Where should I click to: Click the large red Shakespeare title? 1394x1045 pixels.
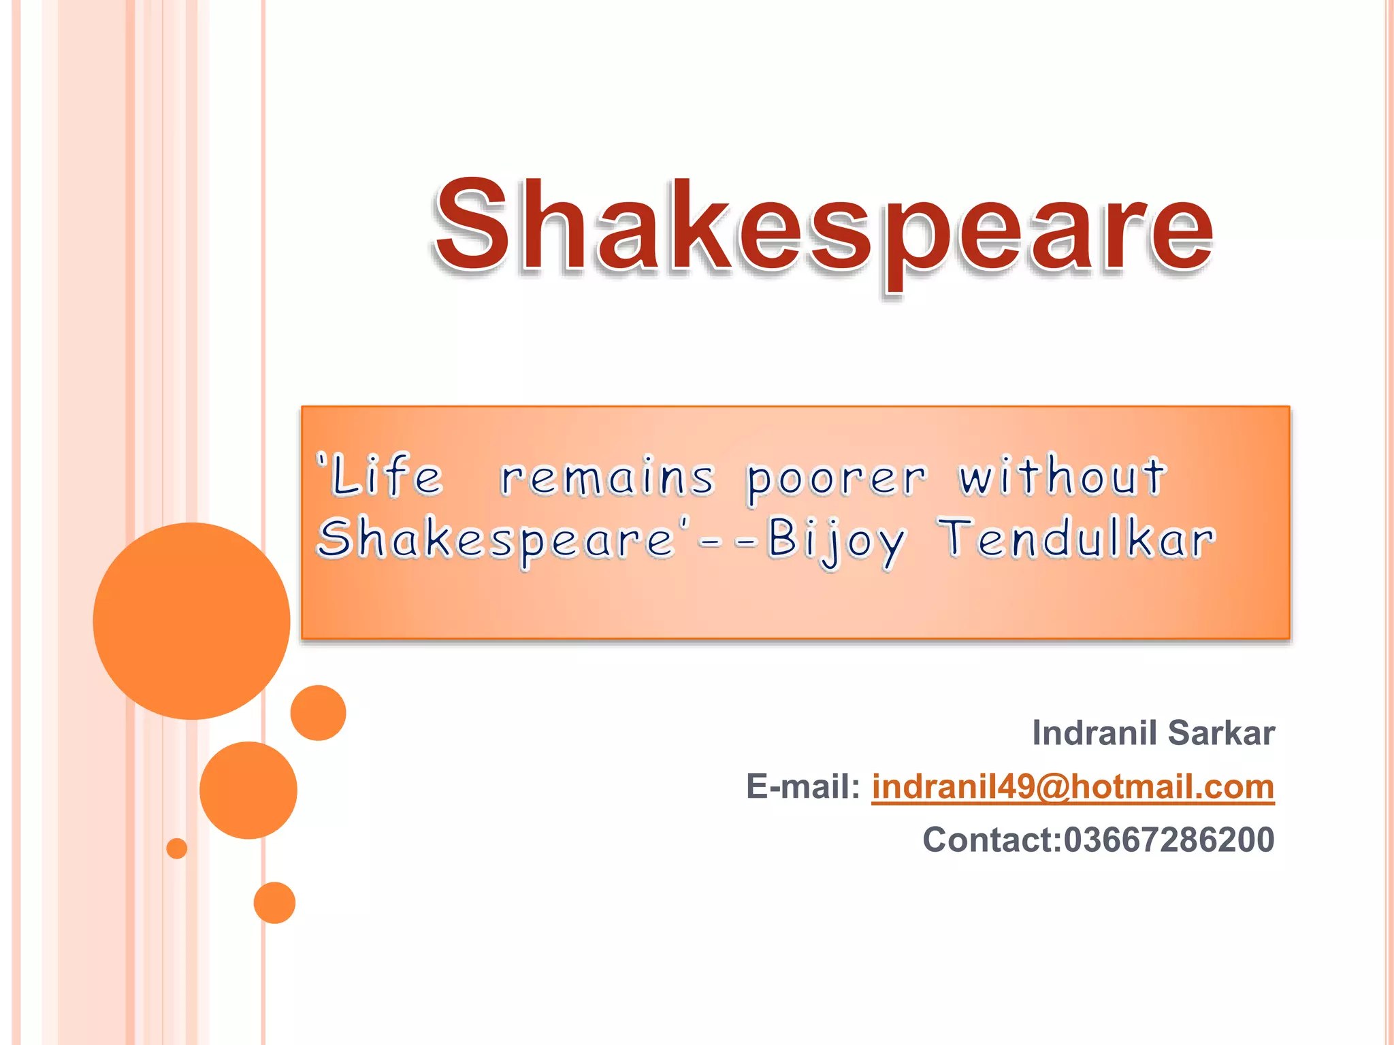tap(824, 228)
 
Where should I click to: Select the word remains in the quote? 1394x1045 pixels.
tap(608, 478)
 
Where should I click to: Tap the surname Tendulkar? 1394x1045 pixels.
tap(1079, 539)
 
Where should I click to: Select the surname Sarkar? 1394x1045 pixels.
tap(1221, 733)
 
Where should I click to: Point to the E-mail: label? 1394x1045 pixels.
tap(803, 787)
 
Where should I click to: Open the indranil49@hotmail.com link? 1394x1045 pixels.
tap(1073, 787)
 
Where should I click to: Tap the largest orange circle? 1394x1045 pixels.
tap(191, 620)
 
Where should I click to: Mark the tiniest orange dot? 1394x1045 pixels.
tap(177, 848)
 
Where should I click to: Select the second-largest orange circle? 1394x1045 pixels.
tap(248, 790)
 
